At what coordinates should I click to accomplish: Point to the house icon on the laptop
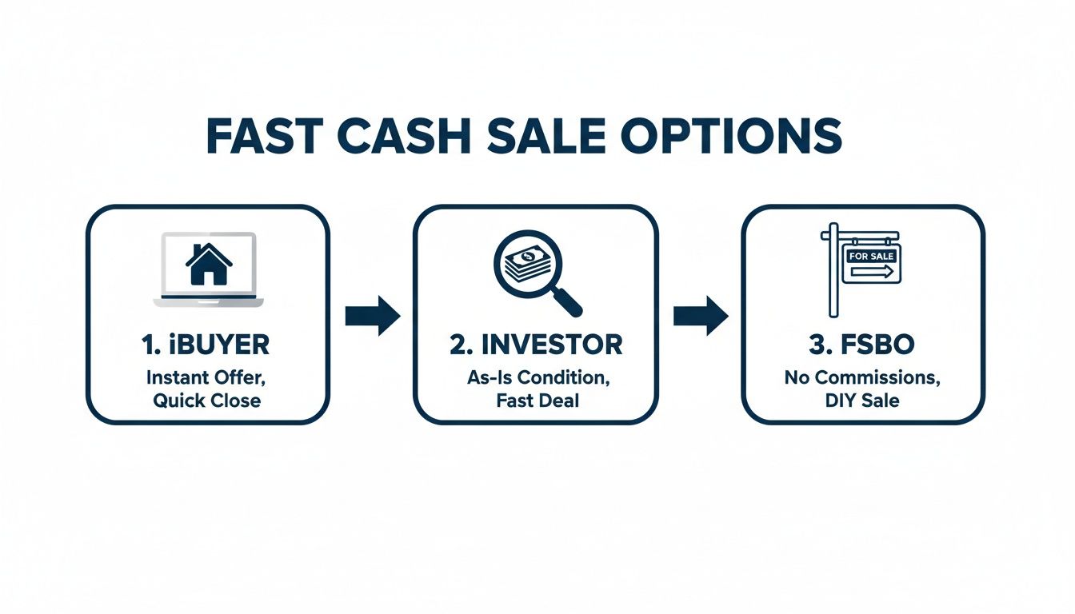208,265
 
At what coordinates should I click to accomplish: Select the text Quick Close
207,400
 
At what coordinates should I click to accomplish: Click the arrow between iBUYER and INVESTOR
372,317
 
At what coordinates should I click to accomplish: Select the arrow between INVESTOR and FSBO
701,317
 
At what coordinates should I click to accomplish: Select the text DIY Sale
862,400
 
